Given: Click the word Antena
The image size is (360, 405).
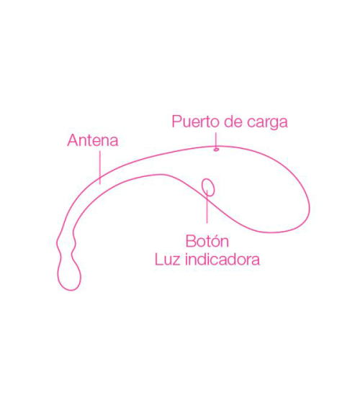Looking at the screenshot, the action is coord(93,140).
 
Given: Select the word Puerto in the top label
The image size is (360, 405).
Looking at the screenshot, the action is coord(196,122).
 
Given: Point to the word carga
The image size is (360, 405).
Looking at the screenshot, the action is coord(267,123).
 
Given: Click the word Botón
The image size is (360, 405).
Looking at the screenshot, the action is coord(207,241).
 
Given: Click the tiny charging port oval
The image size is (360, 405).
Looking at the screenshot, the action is coord(216,150).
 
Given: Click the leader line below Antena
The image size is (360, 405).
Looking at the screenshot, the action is coord(100,168).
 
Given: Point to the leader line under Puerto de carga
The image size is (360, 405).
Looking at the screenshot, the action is coord(216,140).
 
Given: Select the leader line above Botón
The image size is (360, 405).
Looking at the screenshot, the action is coord(207,206).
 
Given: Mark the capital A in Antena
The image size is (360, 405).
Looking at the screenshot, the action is coord(73,140).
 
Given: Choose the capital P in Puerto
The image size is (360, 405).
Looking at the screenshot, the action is coord(176,122).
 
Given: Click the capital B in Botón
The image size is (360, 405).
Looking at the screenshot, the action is coord(191,242).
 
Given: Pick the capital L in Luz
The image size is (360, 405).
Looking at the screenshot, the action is coord(158,260).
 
